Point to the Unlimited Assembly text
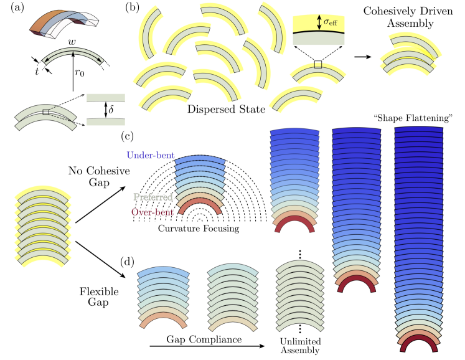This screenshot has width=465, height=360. [x=301, y=346]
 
